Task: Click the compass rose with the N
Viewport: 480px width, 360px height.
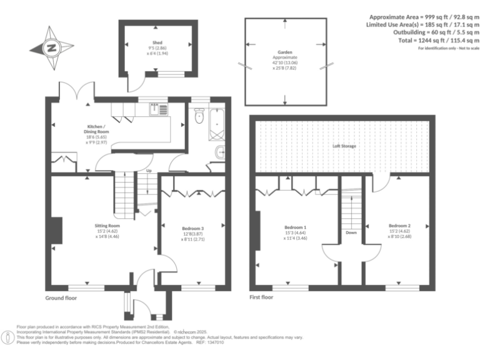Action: (x=51, y=46)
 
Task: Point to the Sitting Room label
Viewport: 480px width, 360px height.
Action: (x=107, y=226)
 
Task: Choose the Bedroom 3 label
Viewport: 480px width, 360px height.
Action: (x=192, y=229)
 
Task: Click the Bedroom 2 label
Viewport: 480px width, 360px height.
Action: (x=399, y=226)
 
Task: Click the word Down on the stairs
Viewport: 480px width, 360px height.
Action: (x=351, y=232)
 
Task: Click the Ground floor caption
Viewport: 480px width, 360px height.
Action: (x=61, y=298)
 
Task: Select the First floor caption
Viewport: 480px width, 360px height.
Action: (x=261, y=298)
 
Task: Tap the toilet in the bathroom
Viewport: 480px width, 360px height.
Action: (x=199, y=116)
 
